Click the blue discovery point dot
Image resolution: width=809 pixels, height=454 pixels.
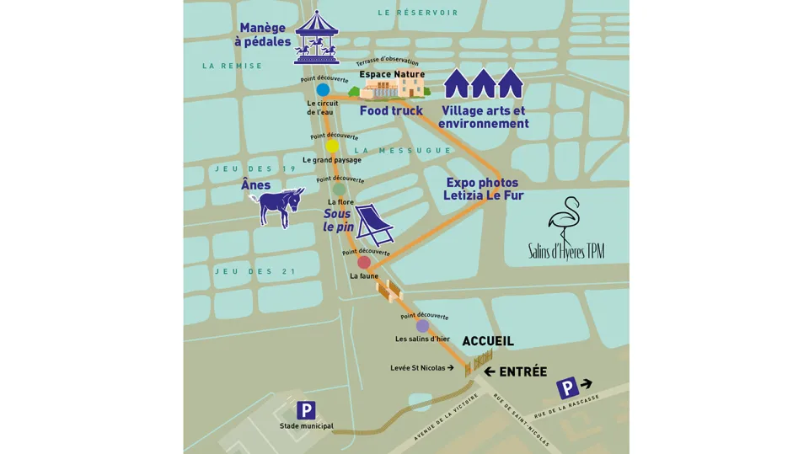323,89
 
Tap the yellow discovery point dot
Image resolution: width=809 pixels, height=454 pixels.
332,147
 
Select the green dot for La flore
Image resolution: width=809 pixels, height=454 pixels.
339,190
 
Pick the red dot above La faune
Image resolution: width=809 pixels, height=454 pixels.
364,262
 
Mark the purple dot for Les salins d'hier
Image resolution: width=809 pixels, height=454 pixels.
422,326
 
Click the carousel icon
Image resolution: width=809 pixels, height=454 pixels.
316,38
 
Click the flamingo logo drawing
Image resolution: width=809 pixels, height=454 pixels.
563,221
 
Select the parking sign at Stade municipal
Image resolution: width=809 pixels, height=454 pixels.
306,410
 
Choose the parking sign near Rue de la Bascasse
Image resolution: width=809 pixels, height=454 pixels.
569,388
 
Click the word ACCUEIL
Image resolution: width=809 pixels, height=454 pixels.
487,341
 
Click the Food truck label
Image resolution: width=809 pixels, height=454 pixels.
391,110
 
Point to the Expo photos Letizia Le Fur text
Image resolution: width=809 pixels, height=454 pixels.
483,189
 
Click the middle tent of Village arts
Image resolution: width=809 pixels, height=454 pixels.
483,83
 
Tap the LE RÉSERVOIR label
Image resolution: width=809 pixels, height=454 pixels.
418,13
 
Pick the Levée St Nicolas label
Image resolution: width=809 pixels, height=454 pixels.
421,368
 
